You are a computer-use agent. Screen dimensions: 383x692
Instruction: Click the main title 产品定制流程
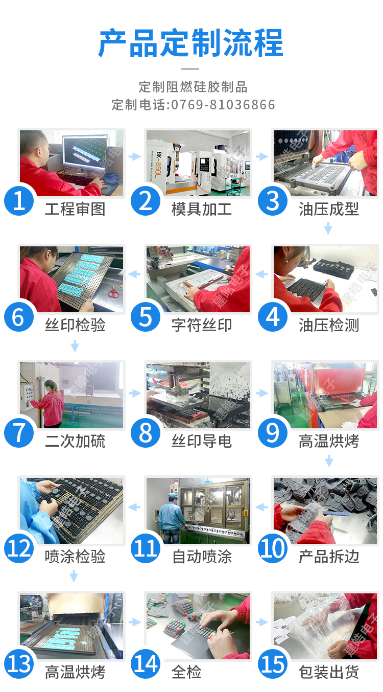point(191,43)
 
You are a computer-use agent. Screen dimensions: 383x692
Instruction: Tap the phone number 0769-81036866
point(223,105)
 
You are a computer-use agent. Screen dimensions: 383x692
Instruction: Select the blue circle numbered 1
point(19,201)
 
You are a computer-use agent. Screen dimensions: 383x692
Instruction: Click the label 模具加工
point(202,209)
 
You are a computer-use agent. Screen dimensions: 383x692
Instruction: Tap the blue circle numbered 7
point(19,433)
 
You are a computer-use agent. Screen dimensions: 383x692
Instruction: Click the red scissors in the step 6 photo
point(113,292)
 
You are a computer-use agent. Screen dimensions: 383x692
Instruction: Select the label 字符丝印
point(202,325)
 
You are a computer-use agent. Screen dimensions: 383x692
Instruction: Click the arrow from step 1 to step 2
point(135,156)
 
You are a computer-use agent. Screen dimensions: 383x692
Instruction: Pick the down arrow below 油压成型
point(328,229)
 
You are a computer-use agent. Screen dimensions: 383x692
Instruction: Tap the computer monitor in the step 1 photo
point(85,151)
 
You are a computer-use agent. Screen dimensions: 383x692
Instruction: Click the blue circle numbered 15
point(273,664)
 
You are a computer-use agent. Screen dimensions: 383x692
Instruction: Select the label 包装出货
point(329,672)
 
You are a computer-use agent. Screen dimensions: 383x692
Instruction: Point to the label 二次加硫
point(75,441)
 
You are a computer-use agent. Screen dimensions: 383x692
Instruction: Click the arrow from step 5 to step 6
point(134,274)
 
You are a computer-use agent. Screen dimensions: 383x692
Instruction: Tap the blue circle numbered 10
point(273,548)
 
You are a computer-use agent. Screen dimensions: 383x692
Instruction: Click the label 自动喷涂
point(202,557)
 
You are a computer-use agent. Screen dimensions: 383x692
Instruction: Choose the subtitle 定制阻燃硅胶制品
point(193,87)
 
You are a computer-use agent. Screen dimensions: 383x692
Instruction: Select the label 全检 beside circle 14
point(186,672)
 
